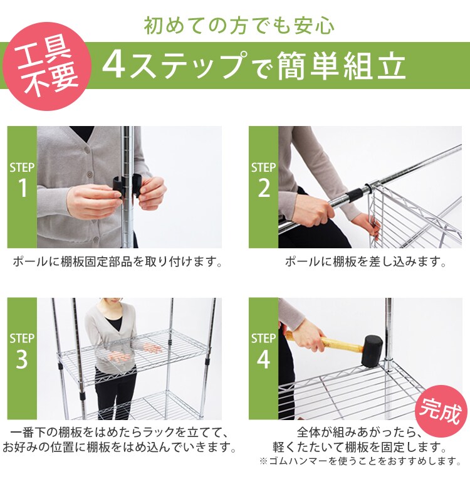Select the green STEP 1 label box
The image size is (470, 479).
(x=22, y=187)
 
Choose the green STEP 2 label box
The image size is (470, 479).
(x=263, y=187)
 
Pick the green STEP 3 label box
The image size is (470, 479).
(x=22, y=358)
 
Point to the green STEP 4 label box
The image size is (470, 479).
(x=263, y=358)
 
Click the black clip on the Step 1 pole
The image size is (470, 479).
(x=127, y=189)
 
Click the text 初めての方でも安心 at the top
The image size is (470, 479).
(x=239, y=26)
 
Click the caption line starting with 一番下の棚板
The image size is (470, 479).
(x=118, y=433)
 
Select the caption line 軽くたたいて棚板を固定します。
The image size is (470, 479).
(x=360, y=448)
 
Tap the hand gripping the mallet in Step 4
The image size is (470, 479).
(x=307, y=339)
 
